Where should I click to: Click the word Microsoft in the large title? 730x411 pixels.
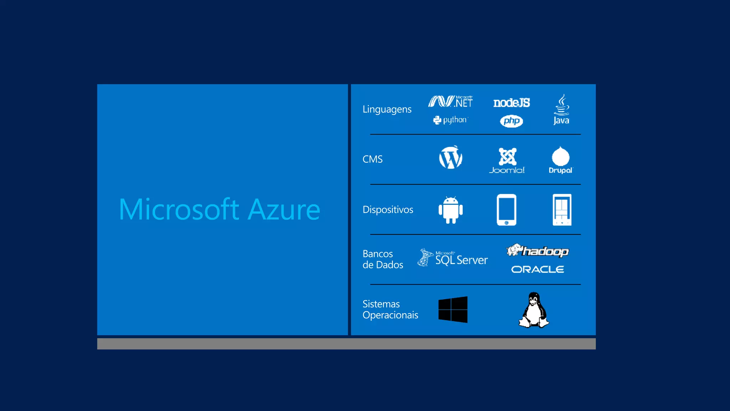179,210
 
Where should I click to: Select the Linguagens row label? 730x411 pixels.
387,109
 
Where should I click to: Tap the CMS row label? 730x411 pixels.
372,159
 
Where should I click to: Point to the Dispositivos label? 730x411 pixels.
388,209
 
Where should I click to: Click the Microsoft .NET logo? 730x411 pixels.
451,102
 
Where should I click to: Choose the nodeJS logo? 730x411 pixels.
511,103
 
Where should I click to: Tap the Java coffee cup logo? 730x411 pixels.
561,109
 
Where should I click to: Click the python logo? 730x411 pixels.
450,120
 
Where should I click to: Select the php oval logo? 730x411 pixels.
511,121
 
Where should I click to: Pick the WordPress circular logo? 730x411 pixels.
451,157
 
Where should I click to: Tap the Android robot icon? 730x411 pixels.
451,210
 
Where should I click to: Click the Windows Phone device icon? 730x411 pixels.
562,210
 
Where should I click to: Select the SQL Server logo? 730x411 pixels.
453,258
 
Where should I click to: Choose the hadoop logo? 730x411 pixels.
538,251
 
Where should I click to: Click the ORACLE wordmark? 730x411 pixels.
538,269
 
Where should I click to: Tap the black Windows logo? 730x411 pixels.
453,309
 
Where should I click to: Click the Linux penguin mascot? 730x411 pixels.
534,310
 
